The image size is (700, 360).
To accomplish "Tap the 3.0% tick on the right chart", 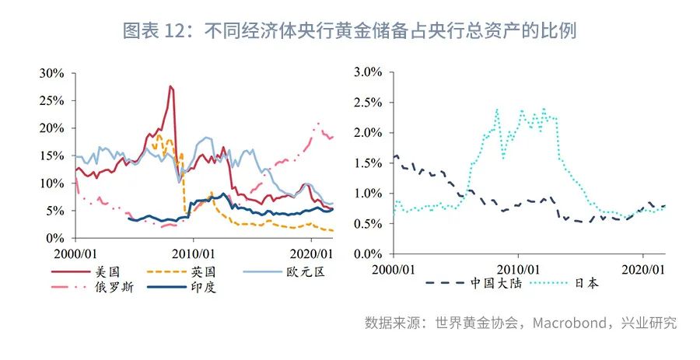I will coord(367,72).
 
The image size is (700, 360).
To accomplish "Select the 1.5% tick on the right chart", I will coord(367,163).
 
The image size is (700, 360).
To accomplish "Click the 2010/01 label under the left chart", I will coord(192,253).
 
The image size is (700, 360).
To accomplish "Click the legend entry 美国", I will coord(108,271).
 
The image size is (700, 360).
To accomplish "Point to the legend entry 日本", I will coord(588,284).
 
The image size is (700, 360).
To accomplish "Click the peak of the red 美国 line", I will coord(170,86).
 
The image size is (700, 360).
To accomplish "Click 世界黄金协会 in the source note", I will coord(474,323).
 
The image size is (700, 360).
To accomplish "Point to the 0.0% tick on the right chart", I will coord(367,254).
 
